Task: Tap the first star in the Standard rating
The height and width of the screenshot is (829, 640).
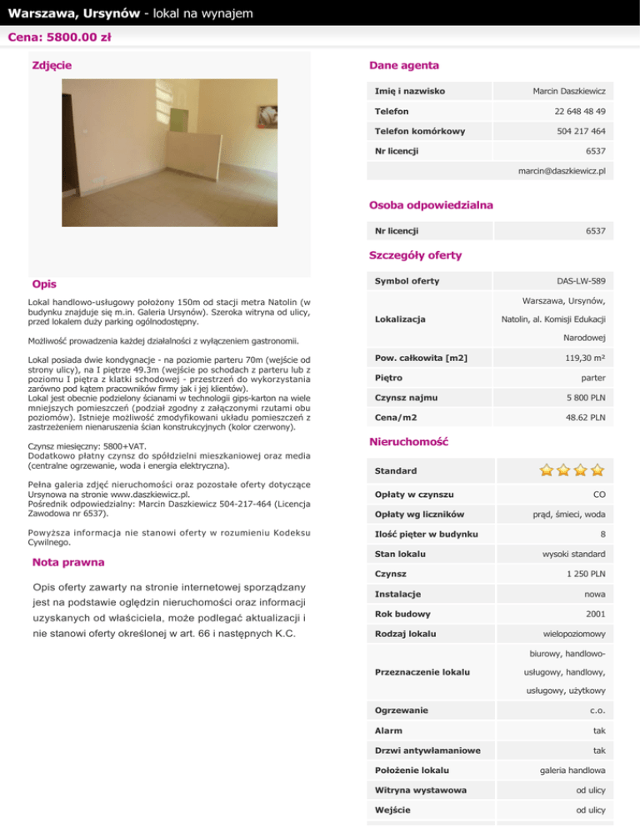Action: [x=547, y=470]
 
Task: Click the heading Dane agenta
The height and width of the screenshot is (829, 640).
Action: [x=403, y=65]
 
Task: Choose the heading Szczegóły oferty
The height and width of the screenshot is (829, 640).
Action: [x=415, y=254]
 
